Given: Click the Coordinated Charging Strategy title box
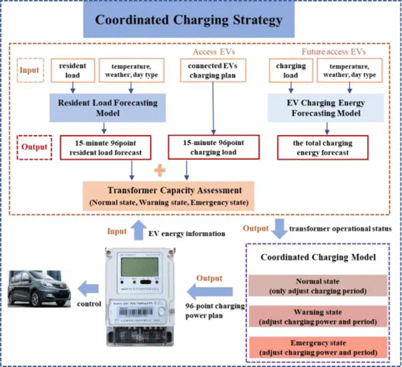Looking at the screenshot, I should point(189,21).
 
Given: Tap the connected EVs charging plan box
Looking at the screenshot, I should point(213,70).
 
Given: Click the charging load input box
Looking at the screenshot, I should point(290,70).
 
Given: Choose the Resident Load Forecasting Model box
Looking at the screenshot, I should point(108,108).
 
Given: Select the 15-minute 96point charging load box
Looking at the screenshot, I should point(213,147).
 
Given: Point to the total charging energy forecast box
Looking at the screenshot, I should point(323,147).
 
